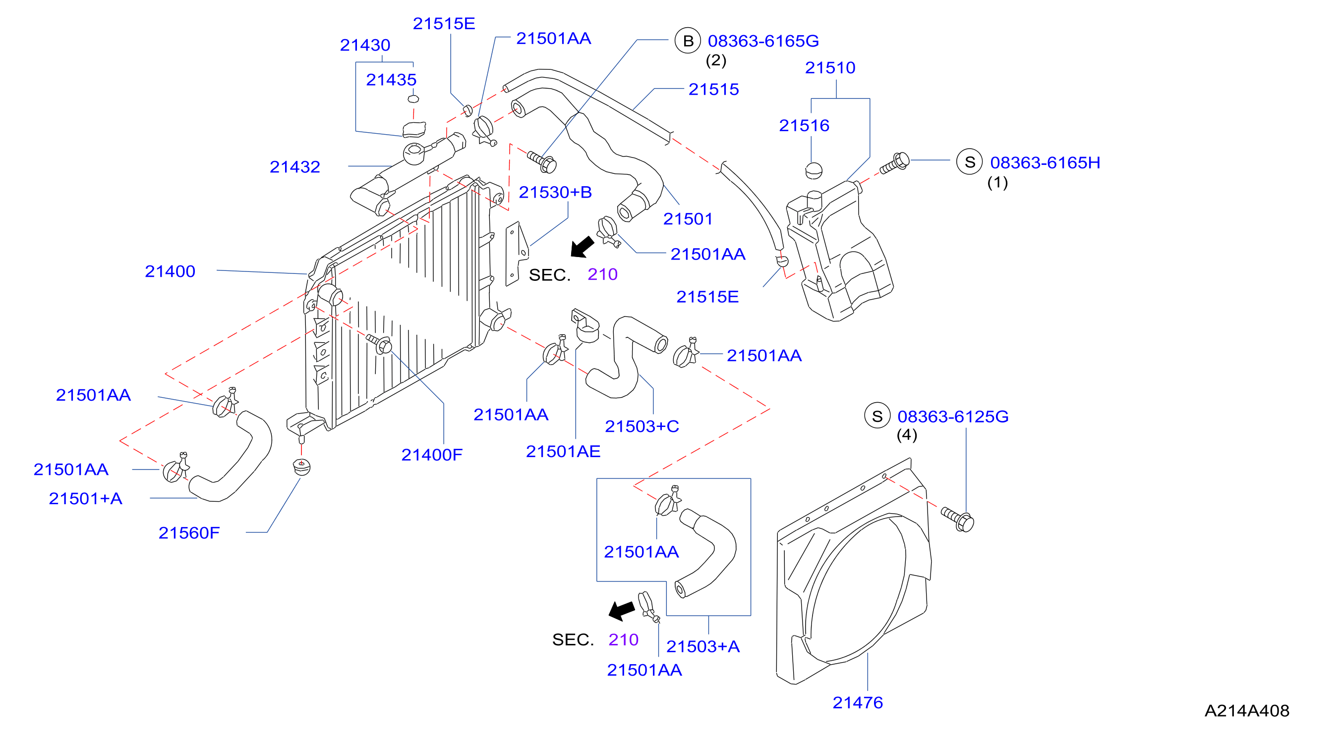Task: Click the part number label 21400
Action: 170,271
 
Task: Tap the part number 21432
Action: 294,166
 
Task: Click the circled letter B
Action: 688,41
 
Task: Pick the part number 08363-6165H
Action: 1045,162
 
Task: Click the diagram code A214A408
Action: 1247,711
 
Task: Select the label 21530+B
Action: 555,192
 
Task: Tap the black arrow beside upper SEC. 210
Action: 582,247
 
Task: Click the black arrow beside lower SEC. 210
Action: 622,611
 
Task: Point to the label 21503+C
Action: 642,426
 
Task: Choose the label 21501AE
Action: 563,451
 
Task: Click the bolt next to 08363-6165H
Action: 894,163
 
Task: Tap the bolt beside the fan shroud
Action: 957,519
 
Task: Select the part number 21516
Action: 804,125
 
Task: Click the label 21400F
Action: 432,455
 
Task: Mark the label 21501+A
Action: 85,498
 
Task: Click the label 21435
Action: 391,80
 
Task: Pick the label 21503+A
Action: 703,646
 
